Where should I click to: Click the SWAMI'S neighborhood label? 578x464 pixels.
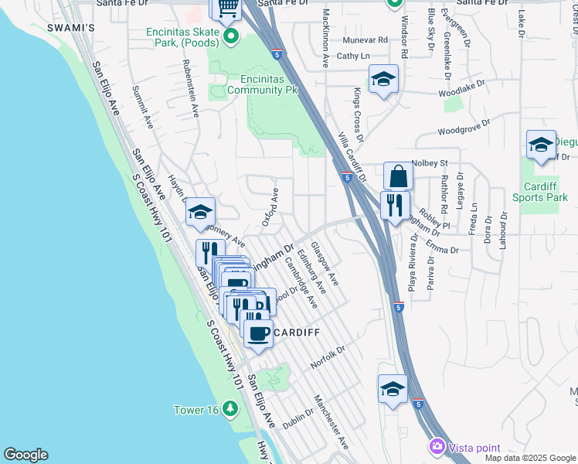(70, 28)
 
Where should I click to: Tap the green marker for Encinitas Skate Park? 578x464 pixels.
(230, 37)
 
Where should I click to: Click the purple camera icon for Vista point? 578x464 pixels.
(437, 447)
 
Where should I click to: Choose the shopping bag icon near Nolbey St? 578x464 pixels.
(398, 176)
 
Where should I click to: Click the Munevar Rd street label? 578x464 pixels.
(366, 39)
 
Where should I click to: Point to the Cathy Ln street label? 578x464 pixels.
(353, 56)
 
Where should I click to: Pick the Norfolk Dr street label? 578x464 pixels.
(328, 358)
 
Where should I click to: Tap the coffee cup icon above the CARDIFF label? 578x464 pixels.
(258, 333)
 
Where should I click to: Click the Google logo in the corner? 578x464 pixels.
(25, 455)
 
